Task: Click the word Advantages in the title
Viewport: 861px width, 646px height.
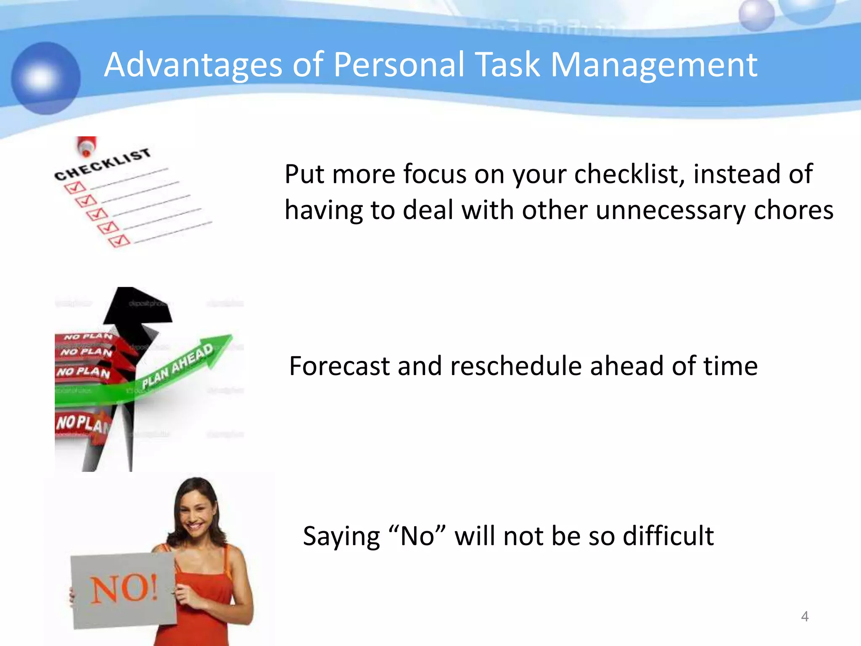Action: point(193,65)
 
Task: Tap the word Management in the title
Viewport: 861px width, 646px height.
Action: point(654,65)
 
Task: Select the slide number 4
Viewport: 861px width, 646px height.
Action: point(805,616)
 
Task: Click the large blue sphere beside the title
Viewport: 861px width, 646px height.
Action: point(45,78)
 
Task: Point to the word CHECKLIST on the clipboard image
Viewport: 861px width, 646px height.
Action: point(103,164)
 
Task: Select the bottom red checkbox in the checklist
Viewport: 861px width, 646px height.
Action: point(119,241)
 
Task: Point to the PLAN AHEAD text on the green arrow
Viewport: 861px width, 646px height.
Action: point(177,366)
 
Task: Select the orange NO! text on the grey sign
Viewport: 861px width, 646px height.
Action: point(124,589)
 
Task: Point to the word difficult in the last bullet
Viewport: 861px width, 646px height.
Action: point(668,536)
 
